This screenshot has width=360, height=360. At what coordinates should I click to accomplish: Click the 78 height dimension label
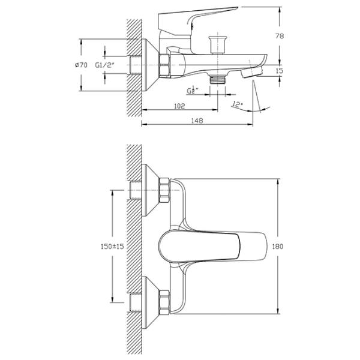click(279, 36)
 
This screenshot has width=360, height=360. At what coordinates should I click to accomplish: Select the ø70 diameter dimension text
click(81, 65)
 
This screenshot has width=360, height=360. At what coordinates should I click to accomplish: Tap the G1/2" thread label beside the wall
click(104, 65)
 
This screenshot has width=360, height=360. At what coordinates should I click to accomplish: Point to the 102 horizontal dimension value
click(179, 106)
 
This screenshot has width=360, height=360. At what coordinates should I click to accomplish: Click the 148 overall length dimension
click(197, 121)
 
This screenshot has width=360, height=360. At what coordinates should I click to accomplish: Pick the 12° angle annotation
click(238, 104)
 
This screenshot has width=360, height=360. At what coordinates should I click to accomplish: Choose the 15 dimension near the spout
click(280, 71)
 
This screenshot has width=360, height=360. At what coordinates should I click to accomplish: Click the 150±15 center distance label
click(112, 247)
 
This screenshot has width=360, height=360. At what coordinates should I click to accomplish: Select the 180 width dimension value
click(278, 247)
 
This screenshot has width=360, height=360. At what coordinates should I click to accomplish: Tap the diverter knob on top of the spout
click(217, 44)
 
